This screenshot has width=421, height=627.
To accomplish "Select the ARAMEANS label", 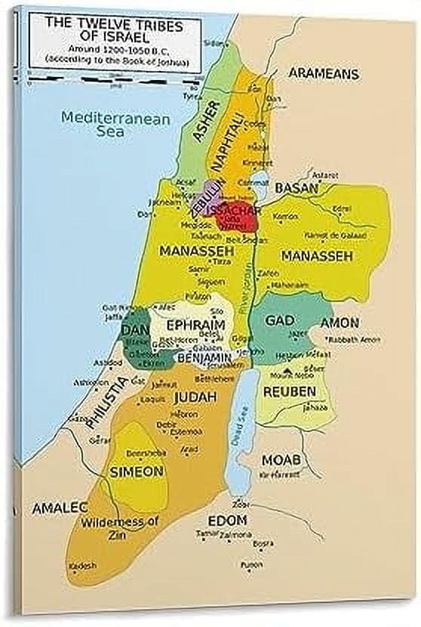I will (x=323, y=74).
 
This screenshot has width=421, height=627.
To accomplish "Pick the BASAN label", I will (x=296, y=187).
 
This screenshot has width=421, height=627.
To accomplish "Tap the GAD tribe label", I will (x=280, y=321).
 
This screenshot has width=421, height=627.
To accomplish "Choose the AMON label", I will (x=340, y=323).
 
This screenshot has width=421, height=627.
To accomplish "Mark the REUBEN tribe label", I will (x=289, y=392).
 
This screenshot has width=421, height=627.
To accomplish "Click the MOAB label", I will (x=281, y=460).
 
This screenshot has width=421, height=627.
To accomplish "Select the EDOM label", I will (x=227, y=520).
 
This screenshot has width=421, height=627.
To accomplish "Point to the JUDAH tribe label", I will (x=195, y=396).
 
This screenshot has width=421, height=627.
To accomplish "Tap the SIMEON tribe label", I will (x=137, y=471).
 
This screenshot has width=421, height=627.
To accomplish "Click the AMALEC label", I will (x=60, y=508).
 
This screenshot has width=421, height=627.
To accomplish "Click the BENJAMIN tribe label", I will (x=204, y=357).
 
